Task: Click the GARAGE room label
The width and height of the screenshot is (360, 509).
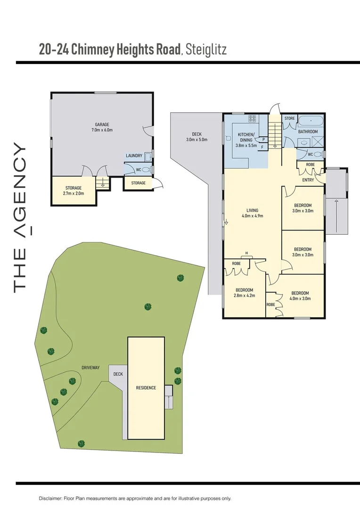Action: tap(102, 124)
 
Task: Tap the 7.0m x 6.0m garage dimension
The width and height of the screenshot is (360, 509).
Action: tap(102, 130)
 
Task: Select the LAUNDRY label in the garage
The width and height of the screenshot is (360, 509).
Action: tap(134, 156)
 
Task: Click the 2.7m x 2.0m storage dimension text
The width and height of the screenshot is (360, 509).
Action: tap(74, 193)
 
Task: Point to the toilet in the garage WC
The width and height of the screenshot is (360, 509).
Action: tap(145, 169)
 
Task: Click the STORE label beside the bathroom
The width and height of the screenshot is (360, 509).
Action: tap(289, 119)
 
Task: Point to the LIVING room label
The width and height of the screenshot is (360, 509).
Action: tap(252, 211)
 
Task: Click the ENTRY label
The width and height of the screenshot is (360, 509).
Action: tap(308, 180)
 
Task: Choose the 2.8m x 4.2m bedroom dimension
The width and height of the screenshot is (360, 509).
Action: tap(245, 296)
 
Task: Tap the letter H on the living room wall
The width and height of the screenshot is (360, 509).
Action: tap(246, 252)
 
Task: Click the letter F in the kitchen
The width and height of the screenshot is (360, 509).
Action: tap(262, 147)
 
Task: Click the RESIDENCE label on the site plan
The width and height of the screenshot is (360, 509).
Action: tap(146, 388)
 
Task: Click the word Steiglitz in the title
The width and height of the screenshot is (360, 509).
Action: tap(206, 49)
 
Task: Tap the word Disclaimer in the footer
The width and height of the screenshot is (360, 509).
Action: tap(50, 498)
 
